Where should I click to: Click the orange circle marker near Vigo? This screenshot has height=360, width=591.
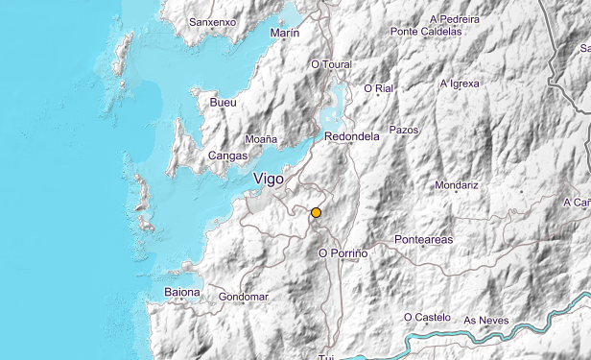[x=316, y=212]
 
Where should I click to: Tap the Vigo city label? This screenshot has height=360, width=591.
[x=270, y=179]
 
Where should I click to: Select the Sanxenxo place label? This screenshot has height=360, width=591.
[x=212, y=21]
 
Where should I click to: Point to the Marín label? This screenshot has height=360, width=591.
[x=285, y=33]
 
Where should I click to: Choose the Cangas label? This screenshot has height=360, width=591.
[x=227, y=156]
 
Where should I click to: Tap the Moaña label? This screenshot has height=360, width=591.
[x=261, y=139]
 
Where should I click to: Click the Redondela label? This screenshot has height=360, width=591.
[x=352, y=136]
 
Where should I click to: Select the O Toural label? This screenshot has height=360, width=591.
[x=332, y=64]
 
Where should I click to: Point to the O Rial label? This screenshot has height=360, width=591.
[x=379, y=89]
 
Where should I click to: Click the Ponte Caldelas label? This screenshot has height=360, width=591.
[x=428, y=32]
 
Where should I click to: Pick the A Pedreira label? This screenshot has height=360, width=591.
[x=456, y=17]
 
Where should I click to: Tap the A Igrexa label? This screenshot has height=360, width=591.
[x=459, y=84]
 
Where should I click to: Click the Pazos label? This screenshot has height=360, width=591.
[x=404, y=129]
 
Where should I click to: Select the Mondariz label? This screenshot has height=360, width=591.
[x=456, y=184]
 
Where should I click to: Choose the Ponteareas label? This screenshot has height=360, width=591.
[x=423, y=239]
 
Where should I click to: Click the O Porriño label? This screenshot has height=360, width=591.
[x=343, y=252]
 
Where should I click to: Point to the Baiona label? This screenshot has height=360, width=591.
[x=182, y=292]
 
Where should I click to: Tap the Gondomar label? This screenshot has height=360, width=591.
[x=243, y=297]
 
